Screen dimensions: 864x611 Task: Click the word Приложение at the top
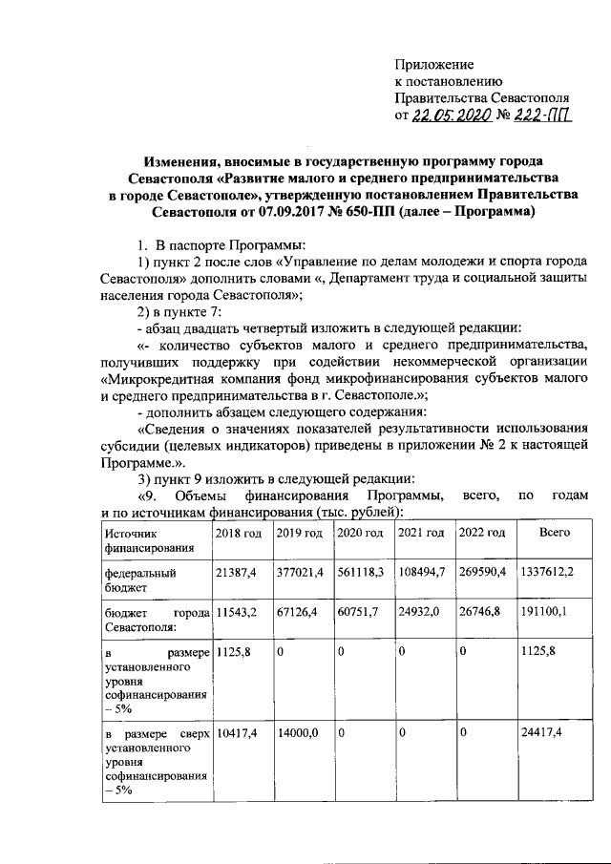434,64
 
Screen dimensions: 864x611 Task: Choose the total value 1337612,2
555,574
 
